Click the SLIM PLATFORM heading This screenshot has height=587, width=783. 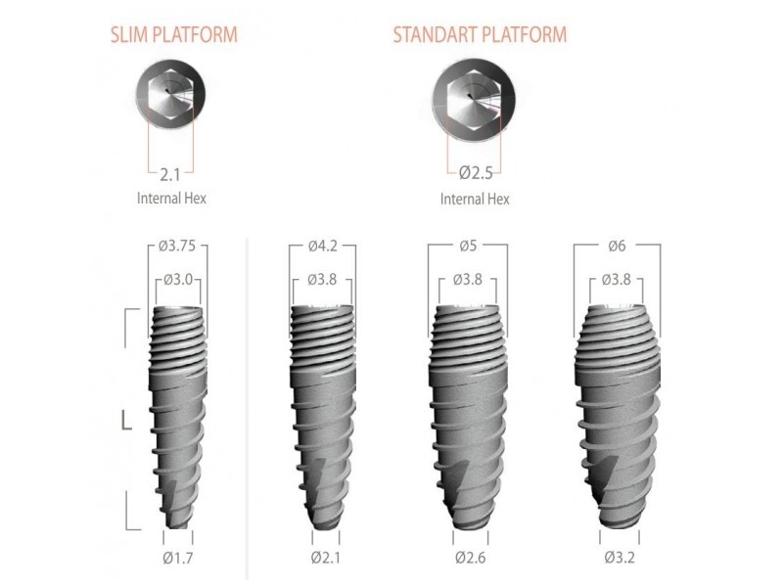coord(174,35)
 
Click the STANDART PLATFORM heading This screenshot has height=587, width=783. coord(480,35)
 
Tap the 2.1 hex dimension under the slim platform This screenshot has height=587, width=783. coord(169,175)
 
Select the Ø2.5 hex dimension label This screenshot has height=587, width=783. coord(476,173)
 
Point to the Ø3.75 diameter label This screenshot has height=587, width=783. coord(177,246)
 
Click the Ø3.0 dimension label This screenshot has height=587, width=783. coord(178,280)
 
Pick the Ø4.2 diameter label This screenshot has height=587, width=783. coord(322,246)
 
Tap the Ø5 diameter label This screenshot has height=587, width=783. coord(468,246)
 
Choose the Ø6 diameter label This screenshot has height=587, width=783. coord(617,246)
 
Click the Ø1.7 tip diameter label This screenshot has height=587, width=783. coord(178,558)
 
